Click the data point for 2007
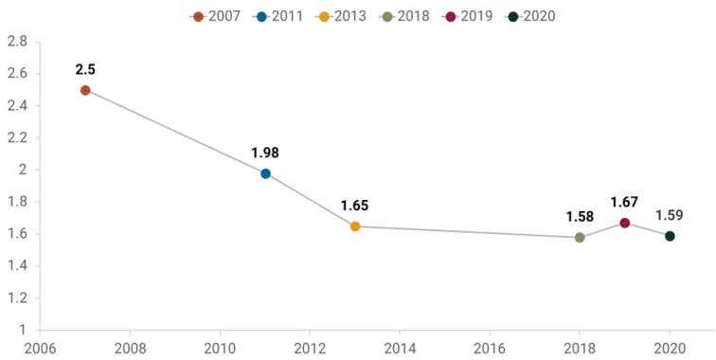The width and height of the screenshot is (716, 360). click(x=85, y=90)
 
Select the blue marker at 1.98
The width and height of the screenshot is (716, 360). click(x=265, y=173)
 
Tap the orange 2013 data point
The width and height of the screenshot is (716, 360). click(x=355, y=226)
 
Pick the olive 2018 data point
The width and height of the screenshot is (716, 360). click(x=580, y=238)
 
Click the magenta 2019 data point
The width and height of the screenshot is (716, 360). click(x=625, y=223)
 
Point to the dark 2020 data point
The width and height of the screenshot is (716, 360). click(x=670, y=236)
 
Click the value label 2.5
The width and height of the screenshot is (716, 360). click(x=85, y=69)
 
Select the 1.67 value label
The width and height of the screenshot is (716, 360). click(x=625, y=202)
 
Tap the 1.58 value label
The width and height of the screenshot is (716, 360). click(x=580, y=217)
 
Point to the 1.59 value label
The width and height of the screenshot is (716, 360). click(x=670, y=215)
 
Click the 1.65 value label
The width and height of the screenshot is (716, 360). click(x=355, y=206)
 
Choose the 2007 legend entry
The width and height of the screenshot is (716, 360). click(x=215, y=16)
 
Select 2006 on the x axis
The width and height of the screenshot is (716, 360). click(x=41, y=348)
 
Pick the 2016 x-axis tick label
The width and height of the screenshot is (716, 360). click(x=490, y=348)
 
